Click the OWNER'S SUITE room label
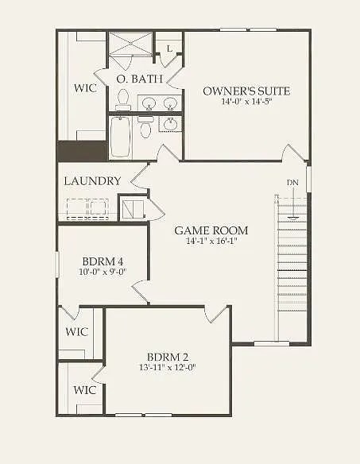[x=246, y=91]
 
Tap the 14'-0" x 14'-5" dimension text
[x=246, y=102]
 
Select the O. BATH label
[x=140, y=79]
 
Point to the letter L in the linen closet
[x=169, y=49]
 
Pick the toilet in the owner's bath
[x=123, y=99]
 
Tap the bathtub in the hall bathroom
[x=121, y=137]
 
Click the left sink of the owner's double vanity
[x=148, y=102]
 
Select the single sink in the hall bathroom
[x=170, y=124]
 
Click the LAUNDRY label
[x=92, y=181]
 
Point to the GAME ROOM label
[x=211, y=230]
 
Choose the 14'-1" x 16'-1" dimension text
[x=211, y=241]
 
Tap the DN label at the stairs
[x=292, y=183]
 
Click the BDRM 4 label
[x=103, y=261]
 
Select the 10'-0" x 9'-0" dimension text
[x=103, y=273]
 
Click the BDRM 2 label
[x=168, y=356]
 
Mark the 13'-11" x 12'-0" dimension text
[x=168, y=367]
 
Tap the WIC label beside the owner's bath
[x=86, y=87]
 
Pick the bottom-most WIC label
[x=86, y=390]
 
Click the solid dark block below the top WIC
[x=82, y=151]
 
